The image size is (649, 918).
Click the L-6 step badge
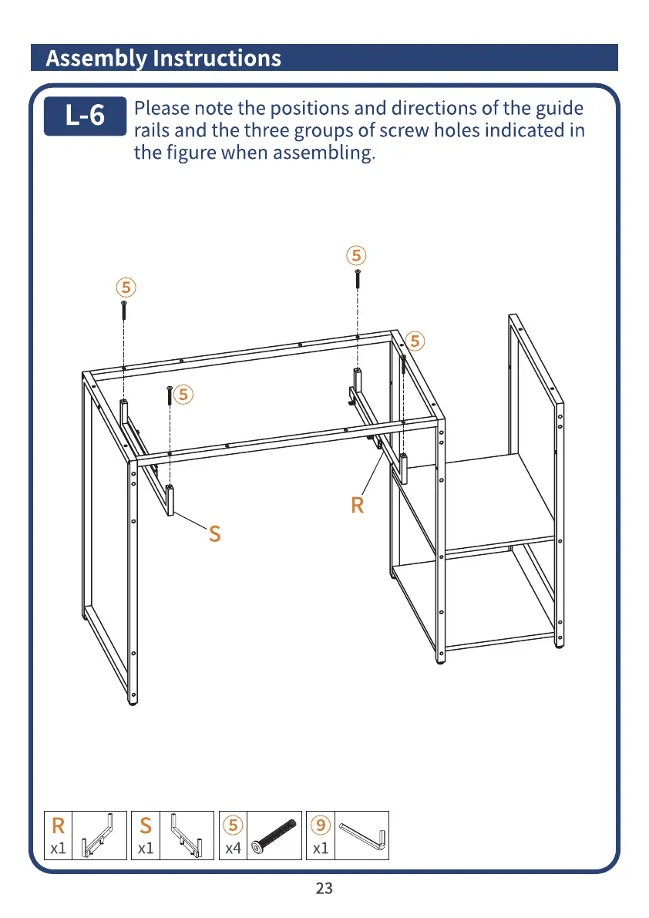[x=85, y=116]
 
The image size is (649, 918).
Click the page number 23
[x=324, y=888]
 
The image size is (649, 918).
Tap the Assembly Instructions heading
[x=163, y=58]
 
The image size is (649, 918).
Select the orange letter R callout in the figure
[x=357, y=506]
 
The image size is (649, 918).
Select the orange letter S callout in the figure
[x=215, y=533]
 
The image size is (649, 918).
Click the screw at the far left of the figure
[x=123, y=310]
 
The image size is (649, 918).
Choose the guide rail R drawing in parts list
[x=103, y=835]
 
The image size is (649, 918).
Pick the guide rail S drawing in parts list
[x=189, y=835]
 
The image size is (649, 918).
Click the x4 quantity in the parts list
[x=233, y=849]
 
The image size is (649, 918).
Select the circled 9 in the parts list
[x=321, y=826]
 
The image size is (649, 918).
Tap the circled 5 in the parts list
[x=233, y=826]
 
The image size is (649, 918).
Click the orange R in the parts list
[x=58, y=826]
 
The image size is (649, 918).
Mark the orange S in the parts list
[x=146, y=826]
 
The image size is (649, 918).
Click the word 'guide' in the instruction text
[x=557, y=109]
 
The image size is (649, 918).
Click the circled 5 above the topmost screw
[x=355, y=255]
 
